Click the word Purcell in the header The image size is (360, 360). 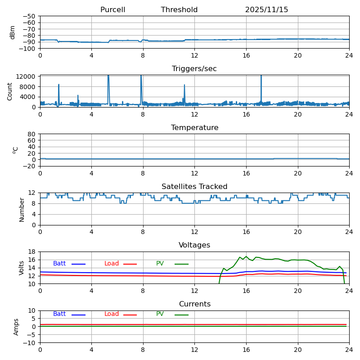coord(112,10)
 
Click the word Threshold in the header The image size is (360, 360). coord(179,10)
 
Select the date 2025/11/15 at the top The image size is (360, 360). coord(266,10)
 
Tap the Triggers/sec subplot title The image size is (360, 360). coord(194,69)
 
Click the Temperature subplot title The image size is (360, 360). coord(194,128)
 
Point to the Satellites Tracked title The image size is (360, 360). coord(194,187)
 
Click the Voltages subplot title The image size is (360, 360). coord(194,245)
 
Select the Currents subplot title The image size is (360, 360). coord(194,304)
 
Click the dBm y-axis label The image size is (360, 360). coord(13,32)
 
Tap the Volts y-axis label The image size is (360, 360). coord(22,268)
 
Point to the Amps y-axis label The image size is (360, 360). coord(16,327)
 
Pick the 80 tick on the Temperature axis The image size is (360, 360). coord(31,134)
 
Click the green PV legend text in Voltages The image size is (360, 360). coord(160,264)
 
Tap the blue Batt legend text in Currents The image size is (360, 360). coord(59,314)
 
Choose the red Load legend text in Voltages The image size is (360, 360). coord(112,264)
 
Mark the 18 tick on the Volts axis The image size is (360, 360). coord(31,252)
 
